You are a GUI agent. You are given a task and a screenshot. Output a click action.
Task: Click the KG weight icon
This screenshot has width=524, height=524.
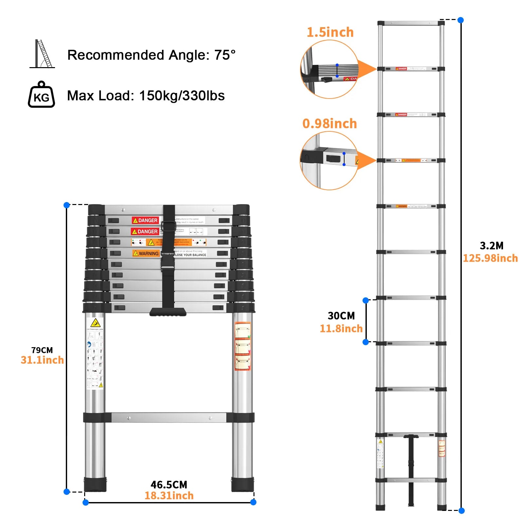click(41, 95)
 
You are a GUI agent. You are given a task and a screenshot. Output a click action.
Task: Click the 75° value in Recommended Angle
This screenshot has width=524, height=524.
click(225, 55)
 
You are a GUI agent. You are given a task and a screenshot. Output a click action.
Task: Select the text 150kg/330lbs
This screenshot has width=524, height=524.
click(182, 96)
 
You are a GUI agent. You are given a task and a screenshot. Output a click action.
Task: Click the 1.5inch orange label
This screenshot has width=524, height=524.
click(330, 32)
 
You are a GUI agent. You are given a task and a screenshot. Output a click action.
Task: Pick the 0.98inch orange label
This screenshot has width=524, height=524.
click(329, 124)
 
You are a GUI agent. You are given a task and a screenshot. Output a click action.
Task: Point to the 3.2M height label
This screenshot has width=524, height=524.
click(491, 246)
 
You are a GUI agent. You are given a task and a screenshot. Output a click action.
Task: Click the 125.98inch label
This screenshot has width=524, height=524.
click(490, 258)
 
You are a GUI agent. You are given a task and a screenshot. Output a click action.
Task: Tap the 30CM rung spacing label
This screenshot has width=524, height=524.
click(341, 316)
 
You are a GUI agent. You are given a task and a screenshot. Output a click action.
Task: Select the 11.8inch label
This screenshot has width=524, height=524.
click(341, 328)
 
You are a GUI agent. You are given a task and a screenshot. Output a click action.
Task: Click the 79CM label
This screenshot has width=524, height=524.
click(42, 350)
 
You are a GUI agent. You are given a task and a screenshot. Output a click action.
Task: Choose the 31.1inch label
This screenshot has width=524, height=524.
click(42, 360)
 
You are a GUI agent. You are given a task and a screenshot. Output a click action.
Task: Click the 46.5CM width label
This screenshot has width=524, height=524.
click(169, 485)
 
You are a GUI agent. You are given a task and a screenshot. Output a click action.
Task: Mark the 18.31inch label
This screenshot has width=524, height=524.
click(169, 496)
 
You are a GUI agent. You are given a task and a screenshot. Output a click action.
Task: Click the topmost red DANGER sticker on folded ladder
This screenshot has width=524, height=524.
click(145, 220)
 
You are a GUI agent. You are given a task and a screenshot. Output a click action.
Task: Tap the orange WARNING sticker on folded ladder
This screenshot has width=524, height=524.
click(146, 253)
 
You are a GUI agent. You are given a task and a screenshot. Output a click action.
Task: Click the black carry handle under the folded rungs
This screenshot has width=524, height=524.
click(168, 312)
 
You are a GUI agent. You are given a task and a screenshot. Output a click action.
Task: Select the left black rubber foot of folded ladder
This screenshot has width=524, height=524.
click(95, 484)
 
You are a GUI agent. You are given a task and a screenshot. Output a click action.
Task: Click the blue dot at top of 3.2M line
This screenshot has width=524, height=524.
click(460, 20)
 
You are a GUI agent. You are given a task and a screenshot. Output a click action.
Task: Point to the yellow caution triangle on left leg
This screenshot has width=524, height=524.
click(95, 323)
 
